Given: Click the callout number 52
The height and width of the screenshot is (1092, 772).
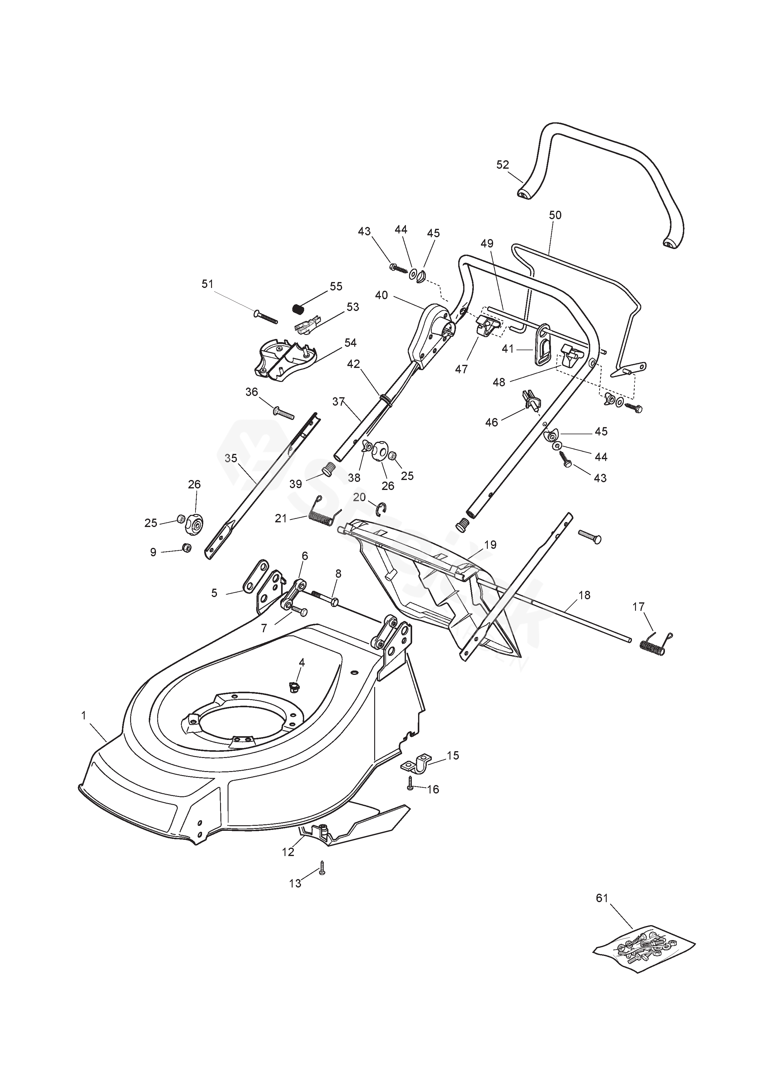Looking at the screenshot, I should (x=502, y=165).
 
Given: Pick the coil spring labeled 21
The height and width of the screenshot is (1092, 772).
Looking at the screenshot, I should (x=325, y=513).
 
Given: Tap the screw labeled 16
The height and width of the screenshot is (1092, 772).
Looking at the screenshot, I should (x=410, y=787).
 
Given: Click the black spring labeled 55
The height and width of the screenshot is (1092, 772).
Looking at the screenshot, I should (x=298, y=309).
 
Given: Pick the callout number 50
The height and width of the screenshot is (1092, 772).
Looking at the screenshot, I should (x=555, y=215).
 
